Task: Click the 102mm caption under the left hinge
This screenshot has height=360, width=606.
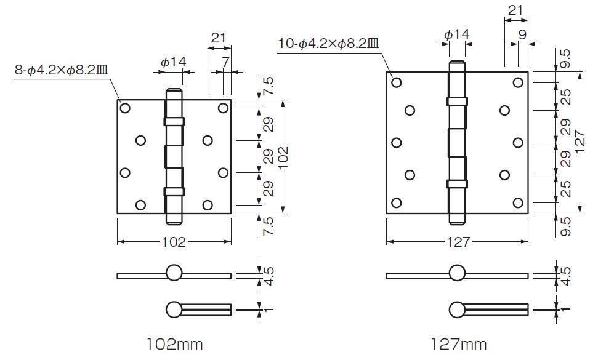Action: point(174,344)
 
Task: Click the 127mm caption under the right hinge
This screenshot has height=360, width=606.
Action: point(459,344)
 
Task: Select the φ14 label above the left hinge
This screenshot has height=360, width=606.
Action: point(174,62)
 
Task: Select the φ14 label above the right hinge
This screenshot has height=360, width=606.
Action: point(457,34)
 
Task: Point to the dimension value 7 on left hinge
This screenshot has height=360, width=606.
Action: point(225,62)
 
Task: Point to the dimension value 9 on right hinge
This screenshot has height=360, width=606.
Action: point(522,34)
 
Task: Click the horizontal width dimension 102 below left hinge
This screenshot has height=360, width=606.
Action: point(174,242)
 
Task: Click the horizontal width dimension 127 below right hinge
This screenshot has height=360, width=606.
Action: point(458,242)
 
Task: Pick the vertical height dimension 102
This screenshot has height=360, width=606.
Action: point(283,157)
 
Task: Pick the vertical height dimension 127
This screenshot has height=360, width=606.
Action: point(580,143)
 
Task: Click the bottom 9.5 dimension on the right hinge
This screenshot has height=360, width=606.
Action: point(565,226)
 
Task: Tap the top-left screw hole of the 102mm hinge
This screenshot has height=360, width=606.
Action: point(125,108)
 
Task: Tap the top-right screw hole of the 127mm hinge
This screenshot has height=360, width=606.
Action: point(519,82)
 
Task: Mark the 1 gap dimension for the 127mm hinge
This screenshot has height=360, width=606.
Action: point(565,310)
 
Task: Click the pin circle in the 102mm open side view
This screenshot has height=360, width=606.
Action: point(174,273)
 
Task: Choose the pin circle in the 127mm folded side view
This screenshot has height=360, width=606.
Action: point(457,310)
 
